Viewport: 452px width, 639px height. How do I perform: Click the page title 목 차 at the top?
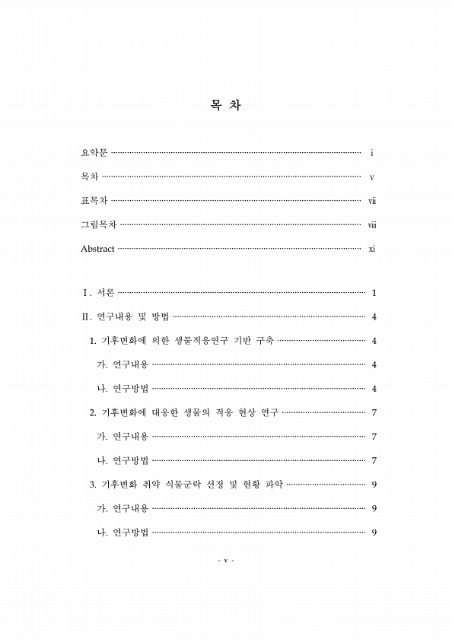225,106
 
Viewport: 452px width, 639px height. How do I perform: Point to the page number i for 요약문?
371,153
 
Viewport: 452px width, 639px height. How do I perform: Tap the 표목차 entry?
94,201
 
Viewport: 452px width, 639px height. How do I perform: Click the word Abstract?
97,249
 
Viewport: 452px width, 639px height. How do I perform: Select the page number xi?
372,249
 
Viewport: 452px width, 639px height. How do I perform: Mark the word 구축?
265,340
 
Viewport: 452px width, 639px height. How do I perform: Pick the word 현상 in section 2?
245,412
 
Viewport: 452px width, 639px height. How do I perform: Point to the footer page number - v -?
225,561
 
